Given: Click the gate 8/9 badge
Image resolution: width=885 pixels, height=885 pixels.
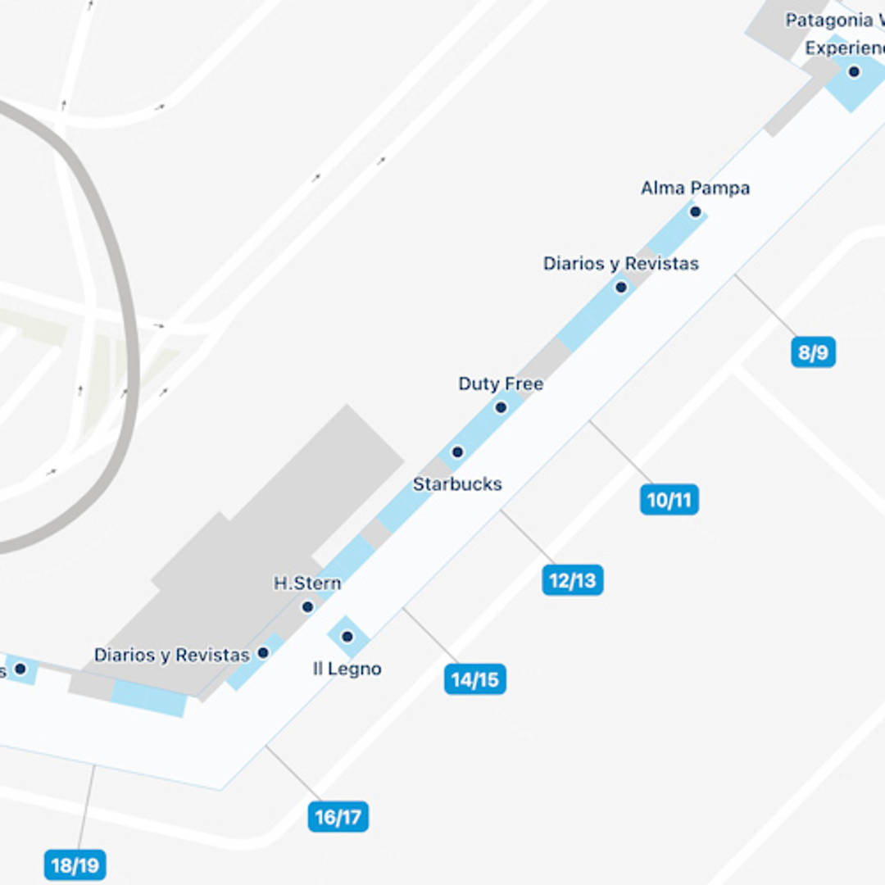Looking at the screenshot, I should (813, 353).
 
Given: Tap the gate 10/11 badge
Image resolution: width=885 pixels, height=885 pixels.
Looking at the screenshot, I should (669, 500).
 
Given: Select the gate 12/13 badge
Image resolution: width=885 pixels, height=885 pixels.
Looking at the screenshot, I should (572, 580).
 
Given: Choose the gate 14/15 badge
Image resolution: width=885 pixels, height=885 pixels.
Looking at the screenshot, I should (474, 679).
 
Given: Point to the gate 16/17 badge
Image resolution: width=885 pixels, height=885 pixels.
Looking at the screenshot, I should (338, 817).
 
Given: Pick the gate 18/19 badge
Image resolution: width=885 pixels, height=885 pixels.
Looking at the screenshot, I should (75, 865).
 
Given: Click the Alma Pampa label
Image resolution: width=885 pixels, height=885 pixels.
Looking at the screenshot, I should (695, 188).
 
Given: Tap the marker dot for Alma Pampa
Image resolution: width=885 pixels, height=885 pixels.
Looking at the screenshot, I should (695, 212).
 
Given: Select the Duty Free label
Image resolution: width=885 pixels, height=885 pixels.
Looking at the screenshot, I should (500, 383).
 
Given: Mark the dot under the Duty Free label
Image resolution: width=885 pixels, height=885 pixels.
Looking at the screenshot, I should (501, 407).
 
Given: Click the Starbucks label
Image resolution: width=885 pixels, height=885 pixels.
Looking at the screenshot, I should (457, 484).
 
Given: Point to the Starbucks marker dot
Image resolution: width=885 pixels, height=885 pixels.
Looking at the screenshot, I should (457, 452).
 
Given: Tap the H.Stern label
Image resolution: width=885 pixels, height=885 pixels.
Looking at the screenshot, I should (306, 583).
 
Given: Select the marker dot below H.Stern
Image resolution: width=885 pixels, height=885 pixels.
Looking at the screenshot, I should (307, 607).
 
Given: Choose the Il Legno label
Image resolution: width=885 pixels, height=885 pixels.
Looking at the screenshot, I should (347, 669).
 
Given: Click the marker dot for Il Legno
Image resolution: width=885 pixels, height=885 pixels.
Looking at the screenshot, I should (347, 637).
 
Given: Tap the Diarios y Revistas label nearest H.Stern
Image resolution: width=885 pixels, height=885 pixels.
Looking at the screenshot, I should (171, 656).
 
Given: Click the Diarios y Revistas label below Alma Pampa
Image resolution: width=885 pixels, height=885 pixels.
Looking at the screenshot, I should (620, 264).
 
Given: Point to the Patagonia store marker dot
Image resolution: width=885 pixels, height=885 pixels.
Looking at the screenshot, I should (854, 72).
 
